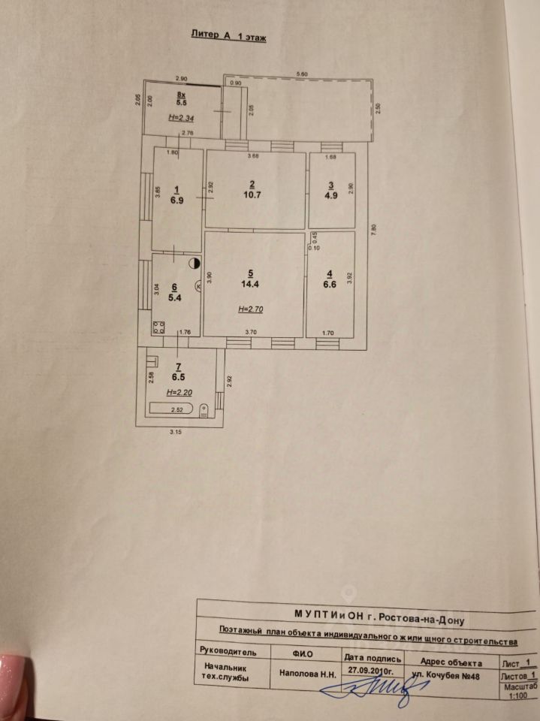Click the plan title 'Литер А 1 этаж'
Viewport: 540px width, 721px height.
[223, 35]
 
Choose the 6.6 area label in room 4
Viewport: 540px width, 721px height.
[329, 285]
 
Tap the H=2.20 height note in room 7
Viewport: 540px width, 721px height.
[179, 393]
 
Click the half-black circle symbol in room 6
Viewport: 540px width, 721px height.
[194, 263]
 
